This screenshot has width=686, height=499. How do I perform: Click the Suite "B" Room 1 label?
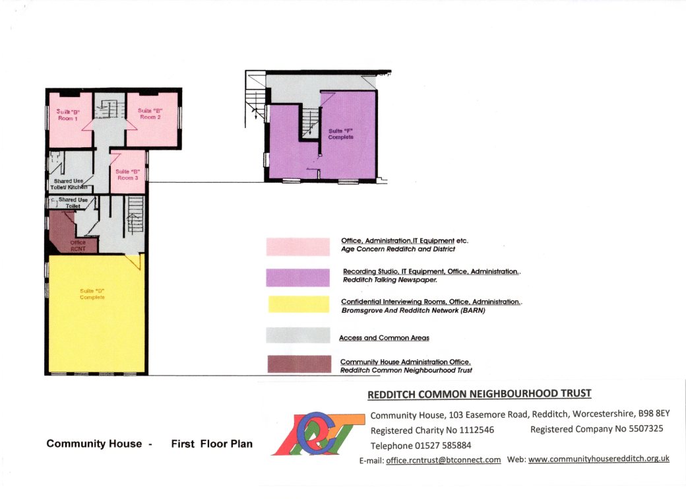67,115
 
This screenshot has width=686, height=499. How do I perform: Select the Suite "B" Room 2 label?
150,114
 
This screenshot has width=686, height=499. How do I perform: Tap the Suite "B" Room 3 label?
127,175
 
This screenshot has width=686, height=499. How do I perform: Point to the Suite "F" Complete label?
341,134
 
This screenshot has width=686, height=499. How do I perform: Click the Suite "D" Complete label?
92,294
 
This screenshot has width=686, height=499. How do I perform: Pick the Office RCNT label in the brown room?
78,246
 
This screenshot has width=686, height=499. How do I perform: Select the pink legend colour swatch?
297,246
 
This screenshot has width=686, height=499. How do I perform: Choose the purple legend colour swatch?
297,277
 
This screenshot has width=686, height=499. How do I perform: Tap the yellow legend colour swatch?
297,304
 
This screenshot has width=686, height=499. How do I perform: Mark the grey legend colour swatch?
297,335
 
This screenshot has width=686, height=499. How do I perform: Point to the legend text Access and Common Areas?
384,338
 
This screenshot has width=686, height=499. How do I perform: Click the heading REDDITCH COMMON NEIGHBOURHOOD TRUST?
479,394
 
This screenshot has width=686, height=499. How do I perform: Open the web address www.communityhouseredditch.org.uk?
599,459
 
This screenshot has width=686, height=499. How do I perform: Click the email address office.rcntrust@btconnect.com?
443,459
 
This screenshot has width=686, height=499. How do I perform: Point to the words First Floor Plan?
211,444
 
